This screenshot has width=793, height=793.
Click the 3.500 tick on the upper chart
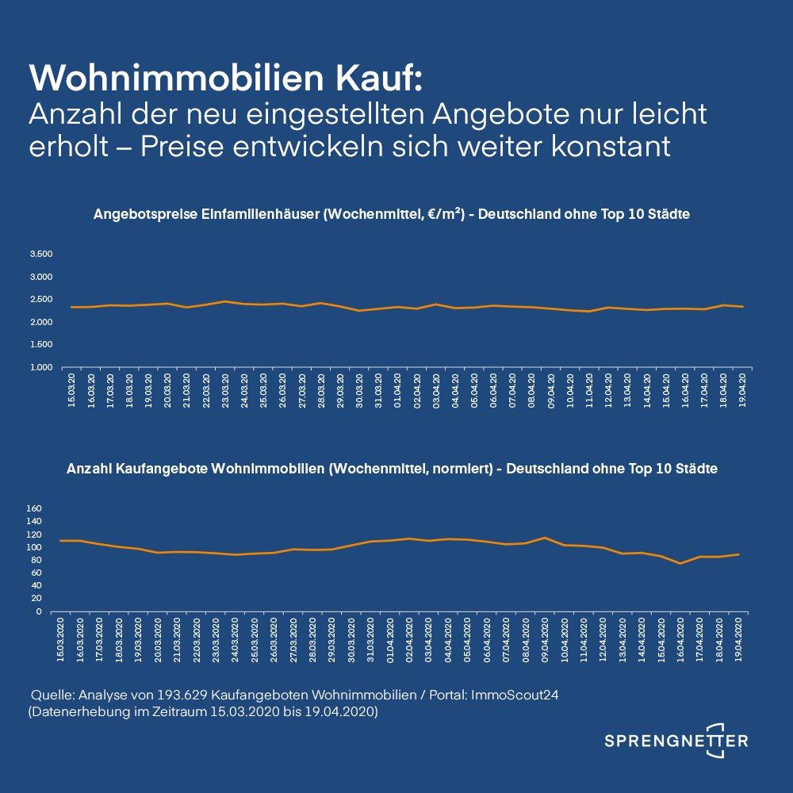pyautogui.click(x=40, y=255)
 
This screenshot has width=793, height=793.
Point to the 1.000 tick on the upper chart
pyautogui.click(x=40, y=368)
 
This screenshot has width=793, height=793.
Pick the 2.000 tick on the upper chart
pyautogui.click(x=40, y=323)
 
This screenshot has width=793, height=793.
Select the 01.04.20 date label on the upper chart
pyautogui.click(x=397, y=389)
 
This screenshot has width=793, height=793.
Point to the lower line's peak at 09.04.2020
pyautogui.click(x=544, y=538)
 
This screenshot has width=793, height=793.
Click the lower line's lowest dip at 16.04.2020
pyautogui.click(x=680, y=564)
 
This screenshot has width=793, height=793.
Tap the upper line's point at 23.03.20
pyautogui.click(x=224, y=301)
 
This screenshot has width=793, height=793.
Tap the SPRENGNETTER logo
pyautogui.click(x=676, y=741)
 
